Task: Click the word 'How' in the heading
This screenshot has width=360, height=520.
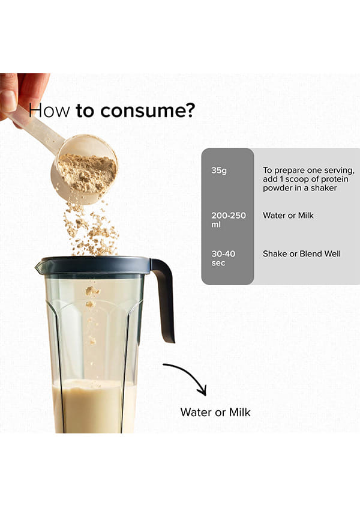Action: coord(49,110)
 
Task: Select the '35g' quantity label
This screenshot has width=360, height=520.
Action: coord(219,171)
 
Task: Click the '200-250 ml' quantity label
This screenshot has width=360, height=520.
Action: coord(229,220)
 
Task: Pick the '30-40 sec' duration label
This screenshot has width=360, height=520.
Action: coord(223,258)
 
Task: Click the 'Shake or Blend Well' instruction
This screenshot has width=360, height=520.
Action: coord(302,254)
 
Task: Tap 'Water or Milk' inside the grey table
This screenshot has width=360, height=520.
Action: coord(288,215)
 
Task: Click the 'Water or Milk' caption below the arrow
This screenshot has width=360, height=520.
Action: coord(215,413)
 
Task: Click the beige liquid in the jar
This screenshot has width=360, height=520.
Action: coord(94,407)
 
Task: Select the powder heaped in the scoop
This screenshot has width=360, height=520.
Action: coord(88,172)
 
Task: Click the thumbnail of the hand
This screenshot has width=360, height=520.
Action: coord(8,100)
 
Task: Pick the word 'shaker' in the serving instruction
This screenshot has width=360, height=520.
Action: coord(323,188)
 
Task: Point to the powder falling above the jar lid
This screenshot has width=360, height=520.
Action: coord(90,229)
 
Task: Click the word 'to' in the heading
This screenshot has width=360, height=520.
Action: coord(85,110)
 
